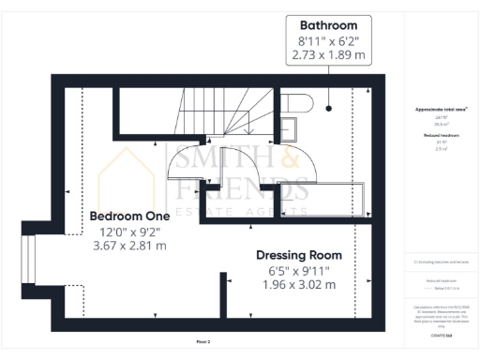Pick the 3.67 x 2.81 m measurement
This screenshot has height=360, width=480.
click(x=128, y=246)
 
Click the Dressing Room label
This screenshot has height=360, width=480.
click(x=299, y=255)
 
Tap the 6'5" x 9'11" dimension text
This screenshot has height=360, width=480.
click(x=299, y=271)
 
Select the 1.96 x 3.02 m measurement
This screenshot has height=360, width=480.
click(x=299, y=286)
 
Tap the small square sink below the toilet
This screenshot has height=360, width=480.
click(x=291, y=126)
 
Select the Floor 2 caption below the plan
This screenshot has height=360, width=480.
click(x=203, y=341)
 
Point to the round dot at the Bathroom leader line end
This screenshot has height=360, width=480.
click(x=330, y=108)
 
